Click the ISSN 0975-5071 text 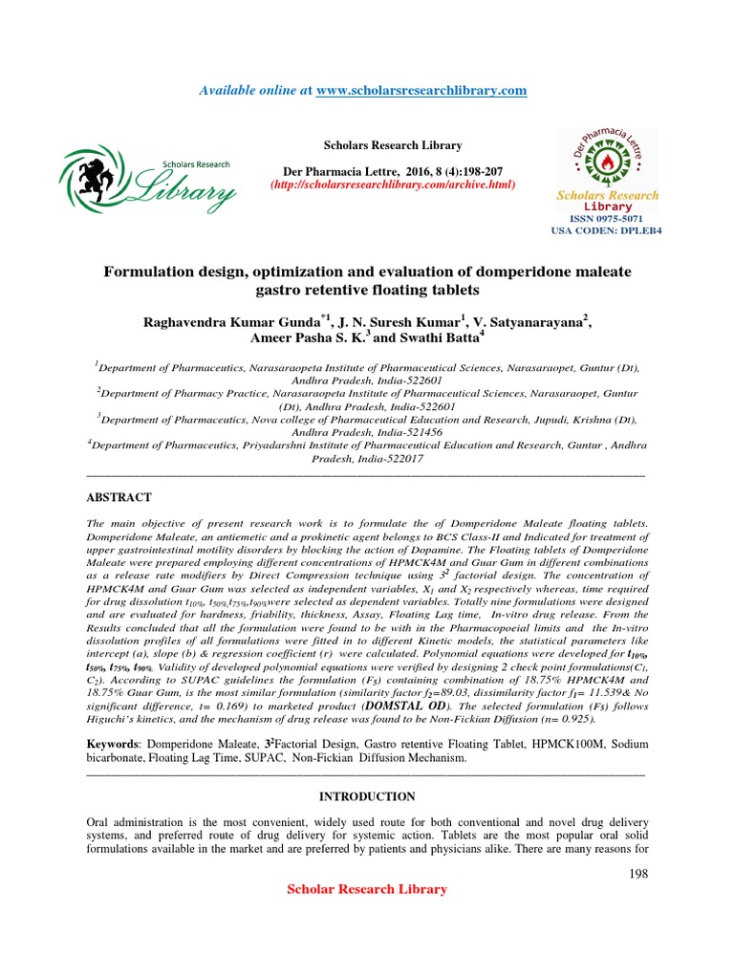tap(607, 219)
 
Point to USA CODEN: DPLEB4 tap(607, 231)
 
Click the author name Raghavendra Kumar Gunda tap(228, 321)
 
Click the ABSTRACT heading tap(119, 497)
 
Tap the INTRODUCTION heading tap(367, 796)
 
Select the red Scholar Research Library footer tap(367, 889)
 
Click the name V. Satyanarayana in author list tap(532, 321)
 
